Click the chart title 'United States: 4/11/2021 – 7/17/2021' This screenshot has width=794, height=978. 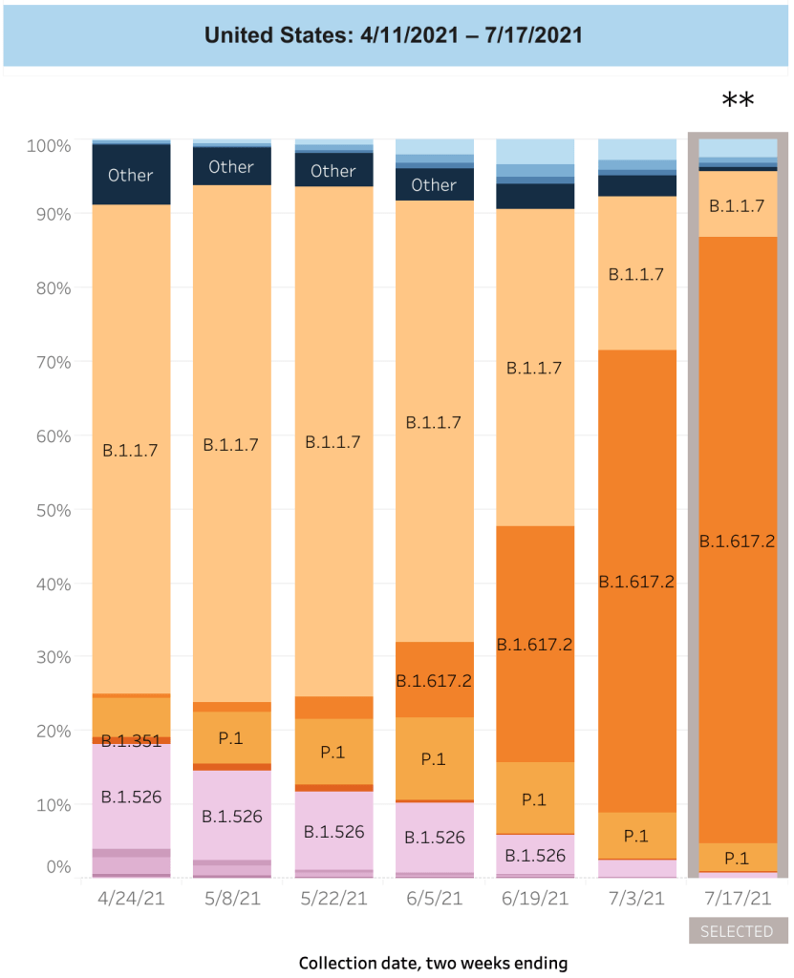tap(394, 36)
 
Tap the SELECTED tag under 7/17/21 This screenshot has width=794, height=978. tap(737, 931)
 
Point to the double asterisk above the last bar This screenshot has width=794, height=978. tap(737, 101)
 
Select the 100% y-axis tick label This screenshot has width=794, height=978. tap(49, 146)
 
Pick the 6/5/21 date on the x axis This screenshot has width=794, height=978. tap(434, 899)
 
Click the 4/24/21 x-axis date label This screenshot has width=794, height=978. tap(130, 899)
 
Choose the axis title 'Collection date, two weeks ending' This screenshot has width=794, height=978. tap(433, 963)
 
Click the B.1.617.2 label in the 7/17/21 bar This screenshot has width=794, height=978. tap(737, 542)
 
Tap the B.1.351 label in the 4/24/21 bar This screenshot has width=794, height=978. tap(130, 742)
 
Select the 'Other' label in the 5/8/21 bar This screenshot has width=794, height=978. tap(231, 167)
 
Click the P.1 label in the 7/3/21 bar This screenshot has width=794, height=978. tap(635, 836)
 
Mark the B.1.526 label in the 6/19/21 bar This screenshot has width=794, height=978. tap(535, 855)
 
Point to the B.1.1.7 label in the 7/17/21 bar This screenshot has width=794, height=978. tap(737, 204)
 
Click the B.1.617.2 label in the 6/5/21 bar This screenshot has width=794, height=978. tap(434, 681)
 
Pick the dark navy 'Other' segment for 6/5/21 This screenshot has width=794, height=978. tap(434, 184)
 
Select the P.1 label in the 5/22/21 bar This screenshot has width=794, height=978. tap(333, 752)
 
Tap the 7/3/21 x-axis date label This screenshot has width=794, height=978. tap(635, 899)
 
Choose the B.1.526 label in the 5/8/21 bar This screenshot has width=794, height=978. tap(231, 818)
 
